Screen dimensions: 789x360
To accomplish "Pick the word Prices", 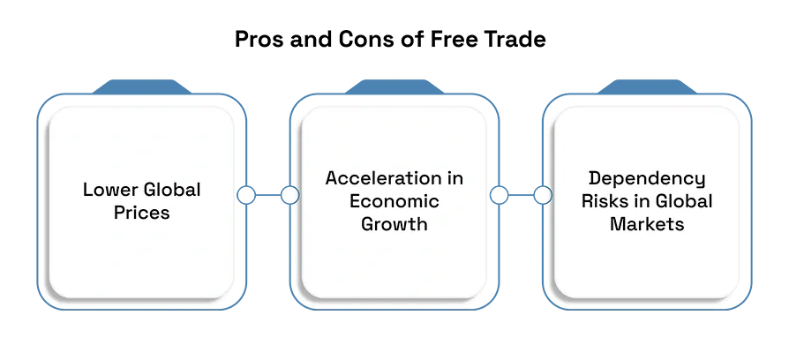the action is coord(141,213).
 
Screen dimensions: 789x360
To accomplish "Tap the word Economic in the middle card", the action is coord(394,201).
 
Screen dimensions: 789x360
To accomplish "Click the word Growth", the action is coord(394,224).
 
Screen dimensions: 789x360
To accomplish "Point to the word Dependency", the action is coord(647,179).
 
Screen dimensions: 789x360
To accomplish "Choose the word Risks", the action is coord(607,201).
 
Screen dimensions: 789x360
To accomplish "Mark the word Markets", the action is coord(647,224).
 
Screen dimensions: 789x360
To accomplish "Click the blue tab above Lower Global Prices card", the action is coord(141,86).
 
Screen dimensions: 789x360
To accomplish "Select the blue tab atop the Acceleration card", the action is coord(394,86).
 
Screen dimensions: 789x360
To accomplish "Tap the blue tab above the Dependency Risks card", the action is coord(647,86).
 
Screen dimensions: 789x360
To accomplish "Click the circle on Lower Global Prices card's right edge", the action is coord(246,195).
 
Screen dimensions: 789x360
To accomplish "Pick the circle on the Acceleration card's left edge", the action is coord(289,195).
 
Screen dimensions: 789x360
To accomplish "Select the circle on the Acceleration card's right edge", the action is coord(499,195).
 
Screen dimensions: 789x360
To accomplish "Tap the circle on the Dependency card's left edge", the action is coord(543,195).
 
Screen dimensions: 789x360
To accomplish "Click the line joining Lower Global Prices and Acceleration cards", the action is coord(268,195).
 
